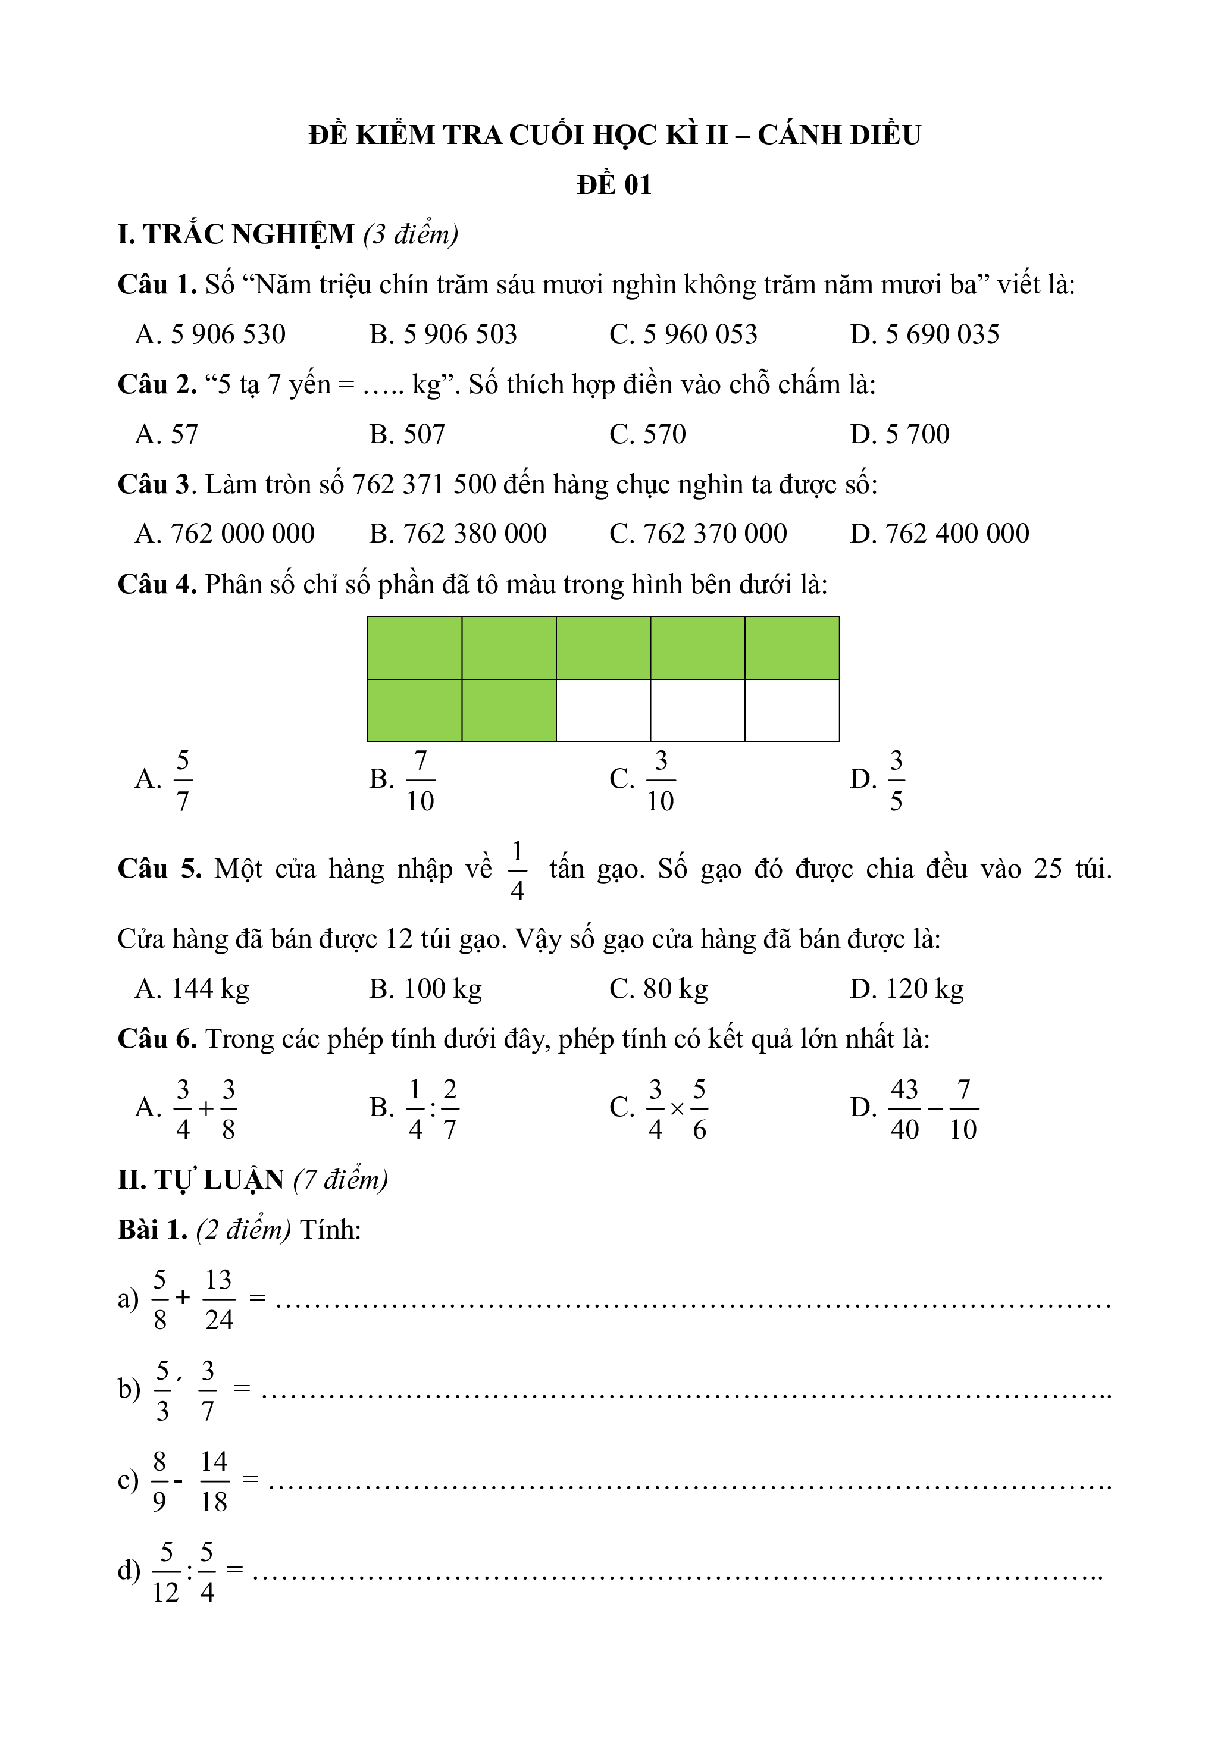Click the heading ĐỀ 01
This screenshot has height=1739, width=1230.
[x=614, y=185]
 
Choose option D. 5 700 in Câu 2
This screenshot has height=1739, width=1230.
[x=899, y=434]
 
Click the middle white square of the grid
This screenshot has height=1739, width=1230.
[x=697, y=710]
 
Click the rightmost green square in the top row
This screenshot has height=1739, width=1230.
[x=791, y=647]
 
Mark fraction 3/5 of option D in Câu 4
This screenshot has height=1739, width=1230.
[x=896, y=780]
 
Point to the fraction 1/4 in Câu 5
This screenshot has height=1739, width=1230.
[x=517, y=871]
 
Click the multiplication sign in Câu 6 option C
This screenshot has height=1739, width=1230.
[x=677, y=1110]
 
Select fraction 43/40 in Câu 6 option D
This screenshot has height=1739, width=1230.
[x=904, y=1109]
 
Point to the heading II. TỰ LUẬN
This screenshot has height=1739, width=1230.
[x=201, y=1179]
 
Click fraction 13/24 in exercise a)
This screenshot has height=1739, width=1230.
[x=219, y=1300]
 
